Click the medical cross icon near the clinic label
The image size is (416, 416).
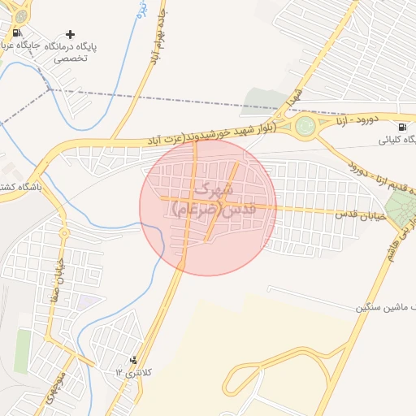pos(71,35)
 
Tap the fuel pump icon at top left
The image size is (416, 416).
pos(17,33)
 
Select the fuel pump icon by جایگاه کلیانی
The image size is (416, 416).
pos(403,127)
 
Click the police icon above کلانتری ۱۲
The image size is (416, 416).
pos(134,360)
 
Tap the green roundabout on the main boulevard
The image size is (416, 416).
pos(305,126)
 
